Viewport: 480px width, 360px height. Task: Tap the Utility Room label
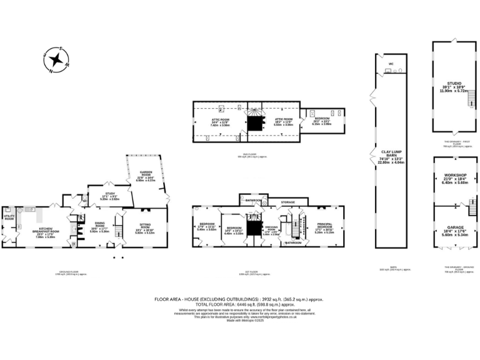pyautogui.click(x=9, y=219)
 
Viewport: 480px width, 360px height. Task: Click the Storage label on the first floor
pyautogui.click(x=287, y=202)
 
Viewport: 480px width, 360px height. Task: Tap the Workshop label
pyautogui.click(x=451, y=176)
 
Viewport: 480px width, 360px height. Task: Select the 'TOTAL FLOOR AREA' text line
pyautogui.click(x=239, y=305)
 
